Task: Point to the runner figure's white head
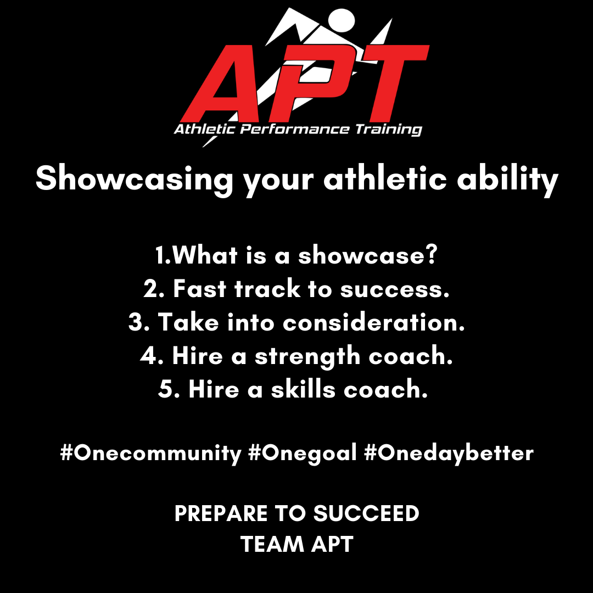click(x=342, y=20)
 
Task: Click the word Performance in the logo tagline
click(x=295, y=129)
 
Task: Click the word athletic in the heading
click(x=385, y=178)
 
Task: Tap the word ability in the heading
click(x=507, y=180)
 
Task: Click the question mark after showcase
click(x=431, y=254)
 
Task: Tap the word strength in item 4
click(x=307, y=357)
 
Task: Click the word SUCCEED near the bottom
click(x=366, y=513)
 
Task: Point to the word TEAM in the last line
click(x=272, y=544)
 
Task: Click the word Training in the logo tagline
click(x=388, y=130)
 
